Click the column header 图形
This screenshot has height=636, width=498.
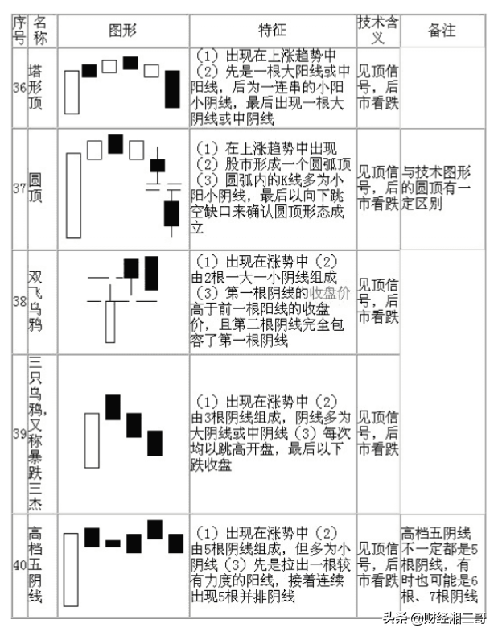(x=123, y=31)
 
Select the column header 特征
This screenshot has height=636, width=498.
(x=272, y=31)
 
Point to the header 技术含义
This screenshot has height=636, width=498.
(x=377, y=30)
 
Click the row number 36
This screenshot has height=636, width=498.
(x=19, y=88)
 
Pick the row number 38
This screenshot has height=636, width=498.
(x=19, y=301)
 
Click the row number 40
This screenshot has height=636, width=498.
(x=19, y=563)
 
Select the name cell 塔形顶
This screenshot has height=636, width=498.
(x=36, y=88)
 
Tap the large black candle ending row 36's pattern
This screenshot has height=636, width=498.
(x=172, y=89)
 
